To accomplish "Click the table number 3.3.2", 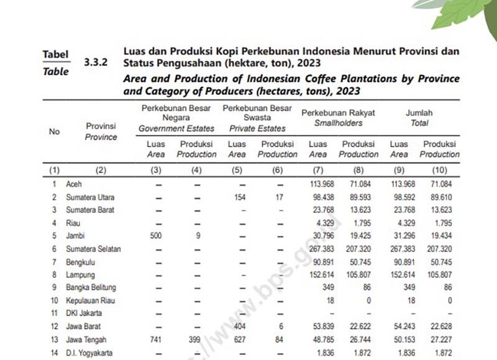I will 95,63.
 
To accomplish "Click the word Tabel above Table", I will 55,55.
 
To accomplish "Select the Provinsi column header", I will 101,131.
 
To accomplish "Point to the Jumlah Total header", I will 419,118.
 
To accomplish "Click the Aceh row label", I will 74,184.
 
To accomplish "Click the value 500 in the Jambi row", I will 156,236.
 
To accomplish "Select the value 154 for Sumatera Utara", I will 237,197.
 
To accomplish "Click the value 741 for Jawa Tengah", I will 156,339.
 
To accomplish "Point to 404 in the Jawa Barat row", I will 237,326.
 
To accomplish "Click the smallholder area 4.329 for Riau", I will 318,223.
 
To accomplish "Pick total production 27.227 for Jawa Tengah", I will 439,339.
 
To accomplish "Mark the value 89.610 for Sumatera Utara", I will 439,197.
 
